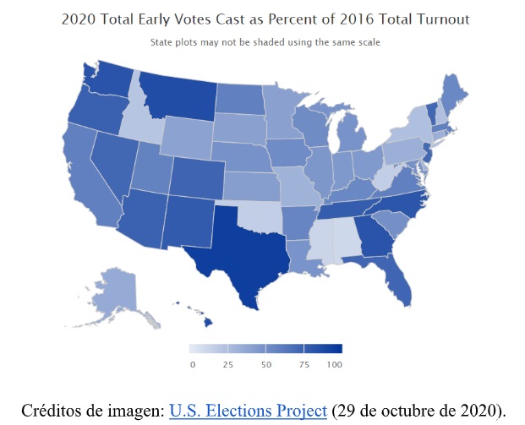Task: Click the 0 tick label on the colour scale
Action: tap(193, 364)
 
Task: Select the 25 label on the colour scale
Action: tap(227, 364)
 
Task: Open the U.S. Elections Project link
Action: tap(248, 411)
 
